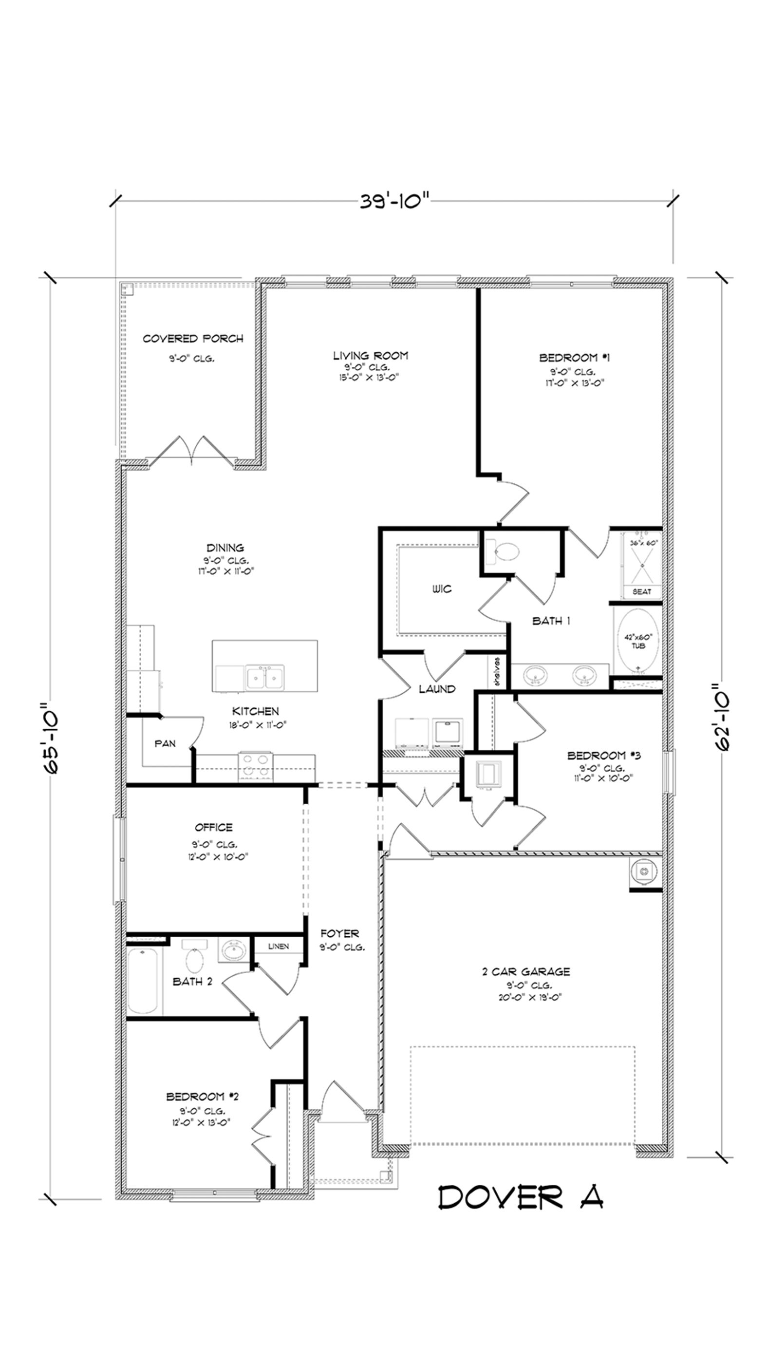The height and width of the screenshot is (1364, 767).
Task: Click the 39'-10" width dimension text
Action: click(394, 201)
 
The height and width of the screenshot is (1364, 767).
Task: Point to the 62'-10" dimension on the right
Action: click(723, 717)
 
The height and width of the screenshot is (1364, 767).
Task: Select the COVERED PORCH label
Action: click(193, 339)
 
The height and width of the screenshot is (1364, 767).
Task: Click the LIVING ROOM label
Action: click(370, 355)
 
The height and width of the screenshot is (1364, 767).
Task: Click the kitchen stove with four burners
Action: click(256, 765)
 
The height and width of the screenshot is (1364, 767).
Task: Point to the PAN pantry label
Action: click(165, 743)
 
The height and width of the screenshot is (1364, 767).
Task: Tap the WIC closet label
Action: click(442, 589)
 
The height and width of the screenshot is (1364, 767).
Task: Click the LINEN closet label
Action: click(279, 946)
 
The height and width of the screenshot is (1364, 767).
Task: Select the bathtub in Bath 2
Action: click(142, 980)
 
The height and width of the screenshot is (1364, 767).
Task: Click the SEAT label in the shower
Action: click(641, 591)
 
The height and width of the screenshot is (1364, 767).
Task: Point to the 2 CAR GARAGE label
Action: click(525, 972)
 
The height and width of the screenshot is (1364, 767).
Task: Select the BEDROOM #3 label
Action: click(603, 756)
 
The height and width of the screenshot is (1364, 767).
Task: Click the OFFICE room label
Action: click(213, 828)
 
